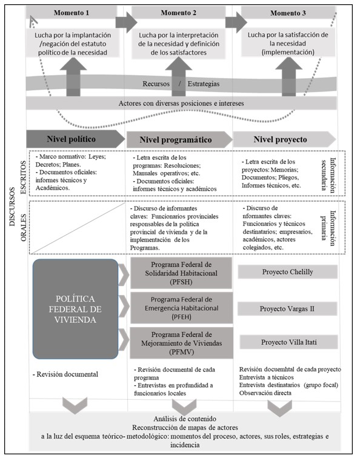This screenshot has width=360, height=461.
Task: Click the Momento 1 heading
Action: pyautogui.click(x=72, y=13)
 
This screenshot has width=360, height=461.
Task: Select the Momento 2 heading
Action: pyautogui.click(x=177, y=13)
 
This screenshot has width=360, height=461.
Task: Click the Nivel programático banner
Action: pyautogui.click(x=177, y=139)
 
